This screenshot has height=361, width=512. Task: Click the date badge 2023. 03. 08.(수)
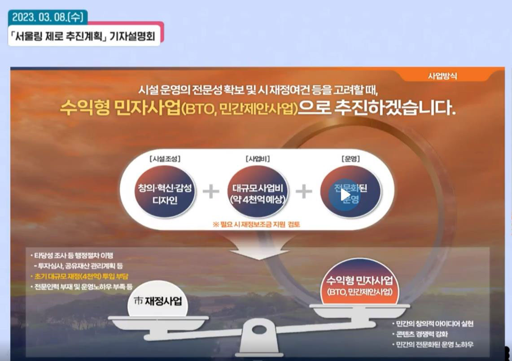[x=48, y=17]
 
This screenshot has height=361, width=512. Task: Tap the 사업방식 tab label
[x=442, y=76]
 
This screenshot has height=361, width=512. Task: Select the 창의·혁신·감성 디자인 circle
[x=165, y=192]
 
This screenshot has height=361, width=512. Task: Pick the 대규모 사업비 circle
[x=258, y=192]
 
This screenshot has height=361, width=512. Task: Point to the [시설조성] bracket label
[x=165, y=159]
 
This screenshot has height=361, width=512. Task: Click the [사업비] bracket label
[x=258, y=159]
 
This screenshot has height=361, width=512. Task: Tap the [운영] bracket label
[x=351, y=159]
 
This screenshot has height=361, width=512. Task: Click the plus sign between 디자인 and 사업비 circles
[x=211, y=191]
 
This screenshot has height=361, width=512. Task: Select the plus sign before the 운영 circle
[x=304, y=191]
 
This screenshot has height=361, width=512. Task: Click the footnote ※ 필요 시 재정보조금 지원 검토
[x=256, y=225]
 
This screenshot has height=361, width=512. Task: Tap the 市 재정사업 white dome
[x=158, y=299]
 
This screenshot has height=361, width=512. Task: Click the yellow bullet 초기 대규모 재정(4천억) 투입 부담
[x=79, y=277]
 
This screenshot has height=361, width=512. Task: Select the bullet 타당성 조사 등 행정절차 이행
[x=72, y=255]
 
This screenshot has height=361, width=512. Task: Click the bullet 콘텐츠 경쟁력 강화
[x=420, y=334]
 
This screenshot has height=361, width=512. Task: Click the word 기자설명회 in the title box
[x=132, y=36]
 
